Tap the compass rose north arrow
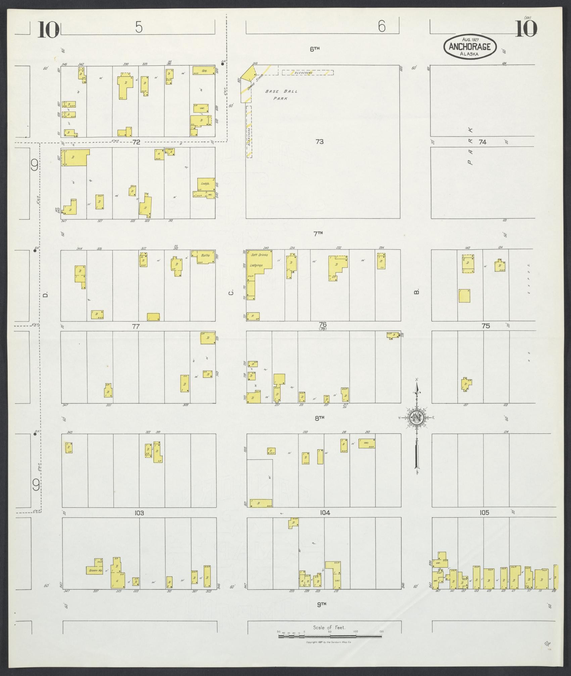(417, 418)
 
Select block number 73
(319, 142)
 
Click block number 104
(325, 522)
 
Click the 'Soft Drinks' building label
(259, 255)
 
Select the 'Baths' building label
(205, 255)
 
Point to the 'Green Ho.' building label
(94, 571)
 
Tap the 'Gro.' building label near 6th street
(203, 71)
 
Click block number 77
(136, 326)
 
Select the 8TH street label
(319, 418)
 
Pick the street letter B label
(417, 292)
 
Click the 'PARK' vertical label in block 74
(471, 146)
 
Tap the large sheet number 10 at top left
(49, 30)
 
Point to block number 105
(484, 522)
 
